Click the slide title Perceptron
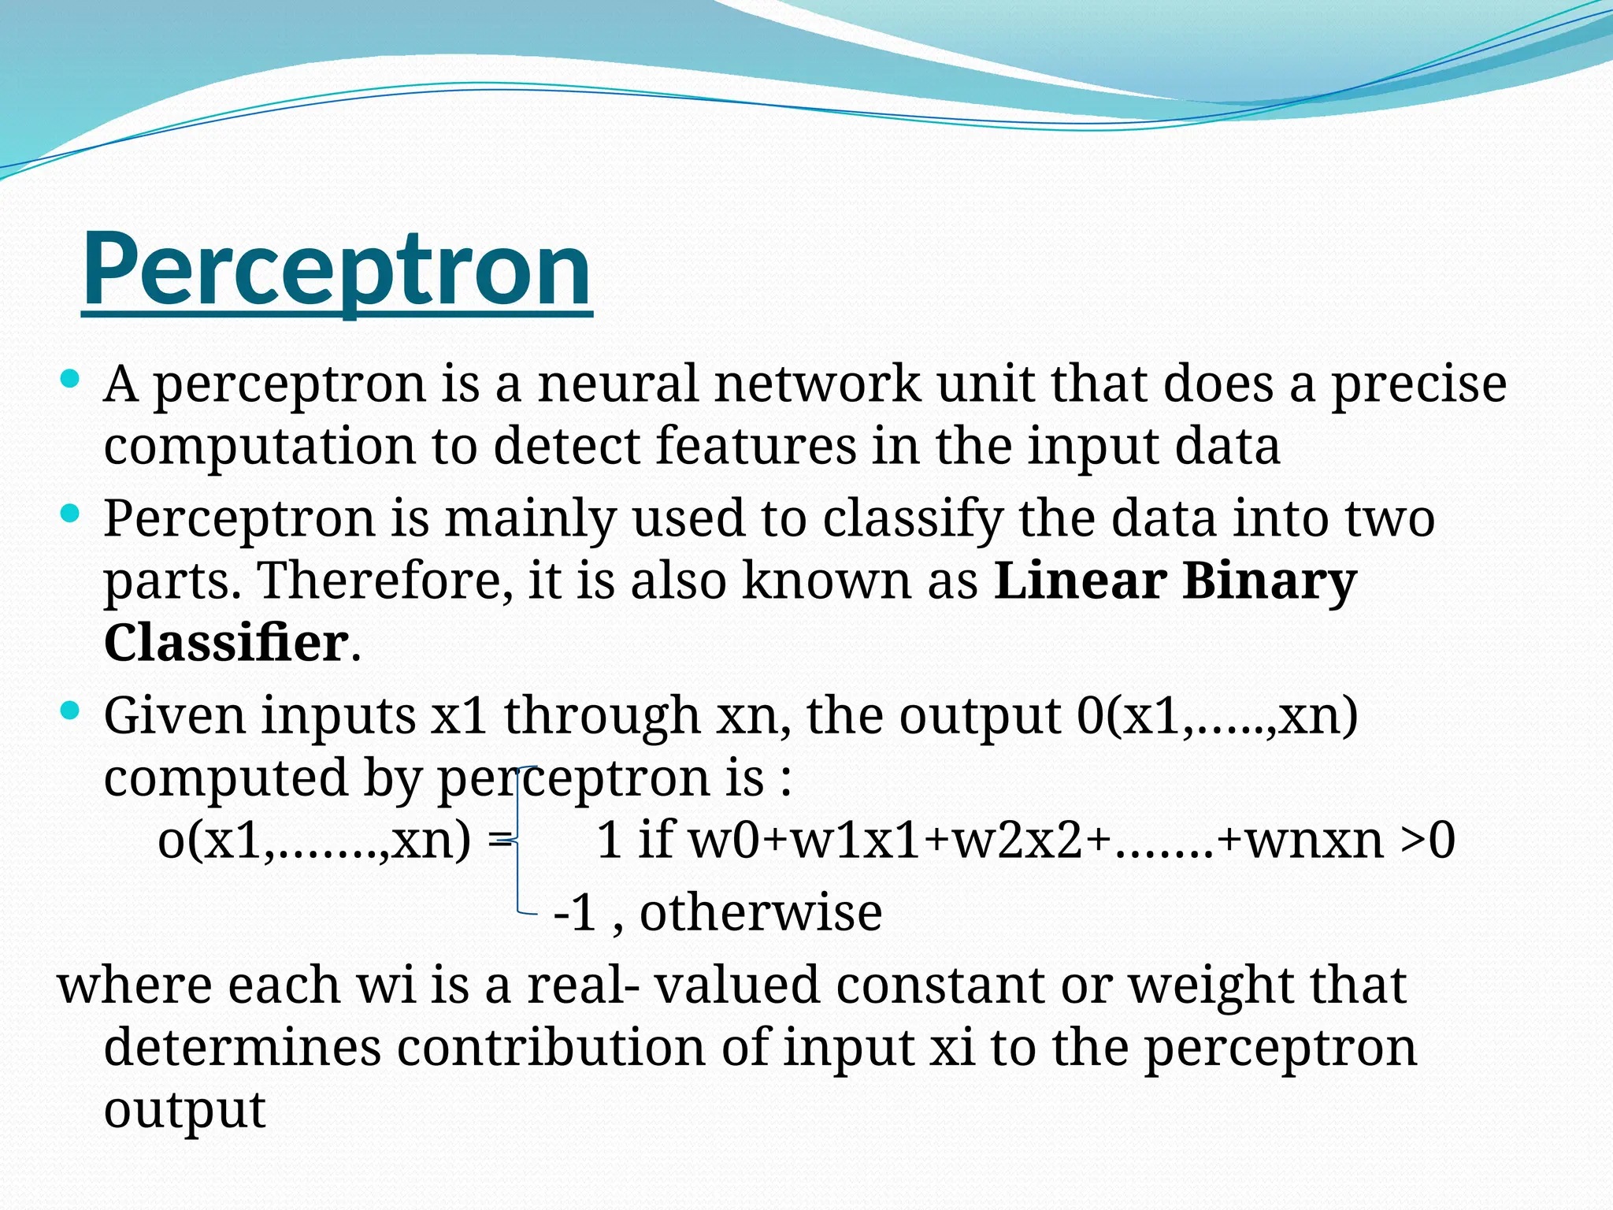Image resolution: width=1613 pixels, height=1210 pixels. tap(336, 269)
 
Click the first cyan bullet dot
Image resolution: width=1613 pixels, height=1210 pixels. tap(70, 380)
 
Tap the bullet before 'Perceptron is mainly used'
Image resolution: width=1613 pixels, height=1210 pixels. tap(70, 514)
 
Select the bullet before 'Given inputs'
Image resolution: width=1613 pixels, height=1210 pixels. tap(70, 711)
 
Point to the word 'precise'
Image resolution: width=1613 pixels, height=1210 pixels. tap(1418, 385)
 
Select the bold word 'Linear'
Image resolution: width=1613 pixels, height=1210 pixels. tap(1080, 581)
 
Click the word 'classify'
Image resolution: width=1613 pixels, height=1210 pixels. tap(913, 520)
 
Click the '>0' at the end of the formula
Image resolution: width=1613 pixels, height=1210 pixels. tap(1427, 841)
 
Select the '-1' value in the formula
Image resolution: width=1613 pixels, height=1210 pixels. tap(575, 913)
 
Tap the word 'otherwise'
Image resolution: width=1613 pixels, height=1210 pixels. tap(761, 912)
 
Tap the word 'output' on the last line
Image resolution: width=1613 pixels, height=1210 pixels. tap(185, 1110)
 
